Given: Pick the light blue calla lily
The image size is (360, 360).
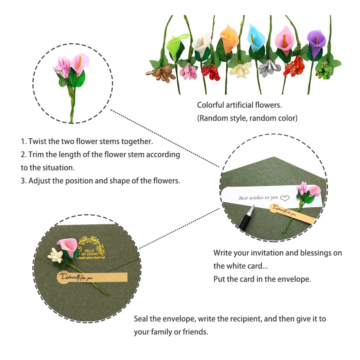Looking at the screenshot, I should click(x=256, y=38).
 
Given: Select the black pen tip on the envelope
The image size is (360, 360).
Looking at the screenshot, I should click(x=251, y=209).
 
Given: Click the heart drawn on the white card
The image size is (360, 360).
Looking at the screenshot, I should click(x=285, y=198).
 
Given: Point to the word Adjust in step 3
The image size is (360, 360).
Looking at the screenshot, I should click(x=40, y=180).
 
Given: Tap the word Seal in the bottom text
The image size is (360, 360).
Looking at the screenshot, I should click(x=141, y=319).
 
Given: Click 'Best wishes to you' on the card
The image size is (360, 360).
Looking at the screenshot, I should click(x=258, y=198).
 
